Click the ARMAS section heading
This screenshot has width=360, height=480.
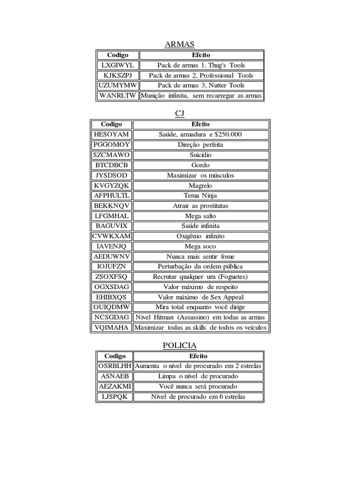pyautogui.click(x=180, y=45)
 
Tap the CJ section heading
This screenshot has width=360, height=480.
pyautogui.click(x=180, y=114)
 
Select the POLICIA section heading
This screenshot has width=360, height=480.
pyautogui.click(x=180, y=345)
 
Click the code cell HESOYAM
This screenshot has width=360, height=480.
pyautogui.click(x=111, y=135)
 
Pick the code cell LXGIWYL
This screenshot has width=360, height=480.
pyautogui.click(x=118, y=65)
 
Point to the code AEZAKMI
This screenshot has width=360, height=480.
pyautogui.click(x=115, y=387)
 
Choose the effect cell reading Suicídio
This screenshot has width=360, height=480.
pyautogui.click(x=201, y=155)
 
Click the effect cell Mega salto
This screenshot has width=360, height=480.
pyautogui.click(x=201, y=216)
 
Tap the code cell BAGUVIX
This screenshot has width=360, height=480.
pyautogui.click(x=111, y=226)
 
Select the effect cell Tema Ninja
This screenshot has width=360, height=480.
pyautogui.click(x=201, y=195)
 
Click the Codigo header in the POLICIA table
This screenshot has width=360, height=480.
pyautogui.click(x=115, y=356)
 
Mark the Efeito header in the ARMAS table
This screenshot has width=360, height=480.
pyautogui.click(x=201, y=55)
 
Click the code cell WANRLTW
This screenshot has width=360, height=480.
pyautogui.click(x=118, y=96)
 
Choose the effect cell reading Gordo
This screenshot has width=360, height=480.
pyautogui.click(x=201, y=165)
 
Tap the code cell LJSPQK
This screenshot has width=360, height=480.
pyautogui.click(x=115, y=397)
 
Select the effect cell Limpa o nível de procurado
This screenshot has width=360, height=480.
pyautogui.click(x=198, y=376)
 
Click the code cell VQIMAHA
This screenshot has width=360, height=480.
pyautogui.click(x=111, y=328)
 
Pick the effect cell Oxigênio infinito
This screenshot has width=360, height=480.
pyautogui.click(x=201, y=236)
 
